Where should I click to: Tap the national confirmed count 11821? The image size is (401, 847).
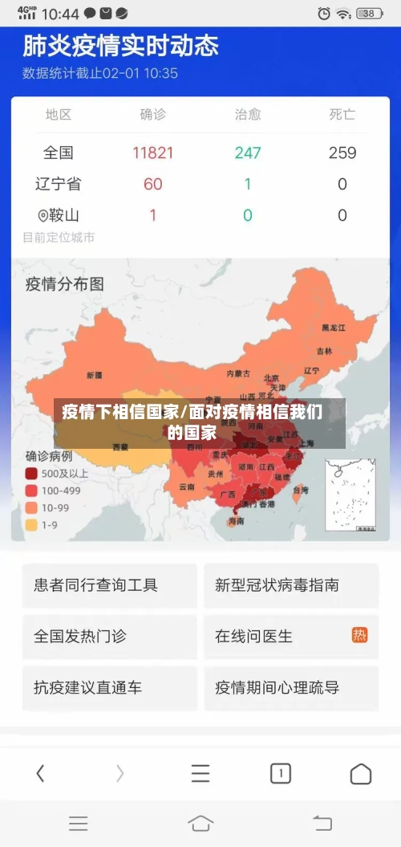(x=153, y=153)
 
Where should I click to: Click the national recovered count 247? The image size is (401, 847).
(x=248, y=153)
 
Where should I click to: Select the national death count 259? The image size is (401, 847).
(x=342, y=153)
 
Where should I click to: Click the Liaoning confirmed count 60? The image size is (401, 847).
(x=153, y=184)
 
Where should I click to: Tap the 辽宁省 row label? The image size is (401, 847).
(x=59, y=184)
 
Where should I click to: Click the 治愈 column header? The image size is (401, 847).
(x=248, y=115)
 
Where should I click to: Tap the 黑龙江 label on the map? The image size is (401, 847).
(x=333, y=328)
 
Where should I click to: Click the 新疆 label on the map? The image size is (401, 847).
(x=94, y=375)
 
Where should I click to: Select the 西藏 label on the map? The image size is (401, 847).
(x=119, y=446)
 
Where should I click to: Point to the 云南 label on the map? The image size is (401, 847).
(x=187, y=487)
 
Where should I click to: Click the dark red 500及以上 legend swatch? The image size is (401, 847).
(x=31, y=474)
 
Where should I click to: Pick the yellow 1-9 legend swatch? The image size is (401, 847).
(x=31, y=525)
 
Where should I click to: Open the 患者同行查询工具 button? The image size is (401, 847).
(x=110, y=585)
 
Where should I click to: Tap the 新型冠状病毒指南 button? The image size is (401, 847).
(x=291, y=585)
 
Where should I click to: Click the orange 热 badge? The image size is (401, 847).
(x=359, y=635)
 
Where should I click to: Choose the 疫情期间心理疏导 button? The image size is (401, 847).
(x=291, y=687)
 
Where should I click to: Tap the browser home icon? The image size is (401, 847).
(x=361, y=774)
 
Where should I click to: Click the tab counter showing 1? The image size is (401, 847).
(x=280, y=774)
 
